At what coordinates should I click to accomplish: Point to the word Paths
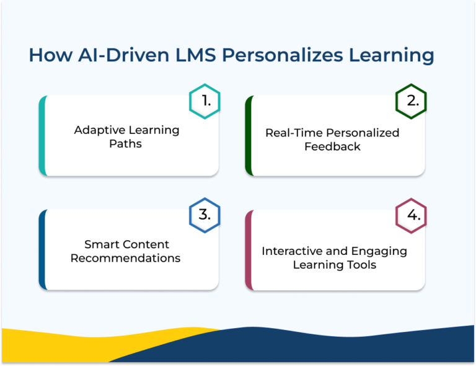coord(126,144)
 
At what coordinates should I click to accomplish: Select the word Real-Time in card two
coord(293,133)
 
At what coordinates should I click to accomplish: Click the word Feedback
coord(332,146)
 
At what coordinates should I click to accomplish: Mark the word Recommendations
coord(125,258)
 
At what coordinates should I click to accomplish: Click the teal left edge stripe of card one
coord(42,135)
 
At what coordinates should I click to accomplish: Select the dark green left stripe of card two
coord(249,135)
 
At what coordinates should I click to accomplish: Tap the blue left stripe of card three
coord(42,249)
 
